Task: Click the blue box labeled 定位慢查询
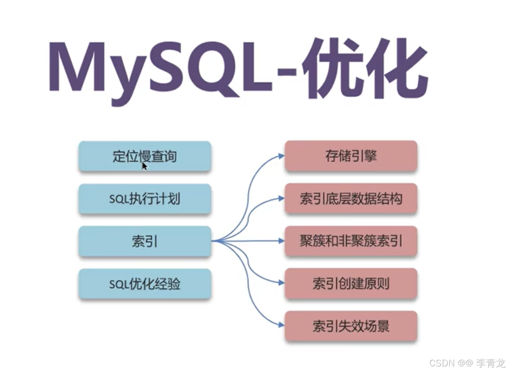[145, 156]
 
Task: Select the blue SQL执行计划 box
[145, 199]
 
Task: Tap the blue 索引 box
[145, 242]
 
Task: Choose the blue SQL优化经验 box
[145, 284]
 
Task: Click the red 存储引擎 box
[351, 156]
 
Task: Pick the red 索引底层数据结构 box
[351, 199]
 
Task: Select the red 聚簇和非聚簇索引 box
[351, 241]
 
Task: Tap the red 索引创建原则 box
[351, 284]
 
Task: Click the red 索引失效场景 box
[351, 326]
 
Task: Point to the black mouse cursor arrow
[144, 166]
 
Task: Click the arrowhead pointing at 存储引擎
[281, 156]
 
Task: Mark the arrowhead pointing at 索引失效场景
[281, 325]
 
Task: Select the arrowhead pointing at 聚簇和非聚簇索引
[281, 241]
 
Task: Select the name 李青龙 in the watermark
[491, 363]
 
